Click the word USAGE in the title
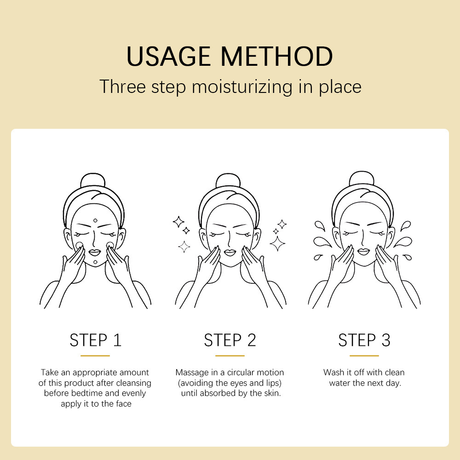(x=168, y=56)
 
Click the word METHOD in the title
(x=276, y=56)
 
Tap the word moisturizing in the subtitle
(x=242, y=87)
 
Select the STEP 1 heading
(x=95, y=340)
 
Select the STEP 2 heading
(x=230, y=340)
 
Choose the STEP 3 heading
(x=364, y=340)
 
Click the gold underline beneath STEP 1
(x=95, y=356)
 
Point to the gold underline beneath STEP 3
(x=364, y=356)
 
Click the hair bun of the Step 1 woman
(x=93, y=180)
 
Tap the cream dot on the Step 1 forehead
(x=95, y=220)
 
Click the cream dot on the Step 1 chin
(x=95, y=262)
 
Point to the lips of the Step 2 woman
(x=230, y=253)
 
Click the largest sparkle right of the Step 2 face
(x=277, y=243)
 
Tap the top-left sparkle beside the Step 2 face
(x=178, y=222)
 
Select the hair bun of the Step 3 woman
(x=362, y=178)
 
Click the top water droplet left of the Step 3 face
(x=320, y=225)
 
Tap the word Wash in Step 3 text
(x=333, y=372)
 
